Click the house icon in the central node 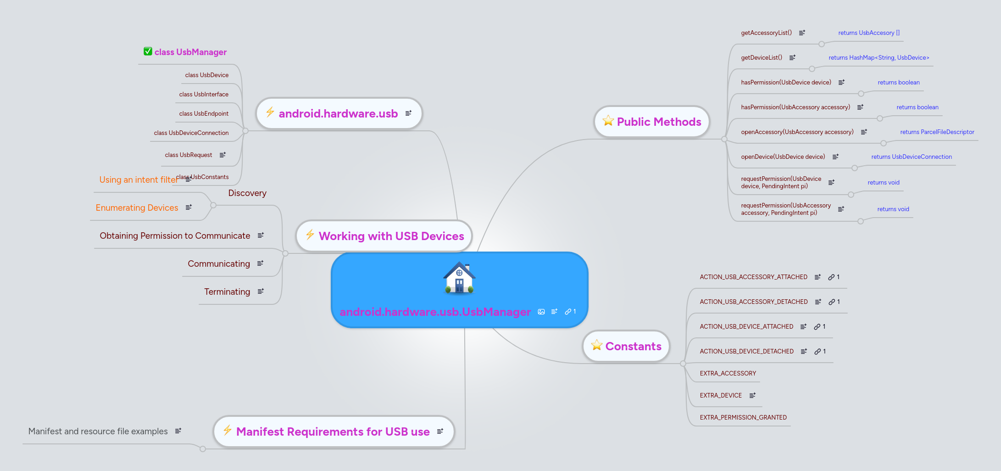(x=459, y=278)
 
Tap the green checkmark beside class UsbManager (x=148, y=51)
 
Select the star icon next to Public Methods (x=608, y=121)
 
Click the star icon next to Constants (x=597, y=345)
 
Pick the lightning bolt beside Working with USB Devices (x=310, y=235)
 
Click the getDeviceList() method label (x=762, y=58)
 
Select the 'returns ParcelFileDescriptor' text (x=937, y=132)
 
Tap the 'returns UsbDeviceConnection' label (x=911, y=157)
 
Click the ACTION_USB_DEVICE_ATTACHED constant (x=746, y=327)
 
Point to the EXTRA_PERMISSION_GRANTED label (x=743, y=418)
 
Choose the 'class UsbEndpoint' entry (x=204, y=114)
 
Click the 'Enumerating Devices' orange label (x=137, y=208)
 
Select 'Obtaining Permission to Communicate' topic (x=175, y=236)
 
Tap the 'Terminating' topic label (x=227, y=292)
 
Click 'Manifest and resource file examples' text (x=98, y=432)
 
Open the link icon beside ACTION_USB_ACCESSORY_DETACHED (x=832, y=302)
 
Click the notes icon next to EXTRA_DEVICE (x=752, y=395)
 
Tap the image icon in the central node (x=541, y=312)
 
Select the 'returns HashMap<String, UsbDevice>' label (x=879, y=58)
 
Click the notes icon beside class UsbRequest (x=222, y=155)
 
